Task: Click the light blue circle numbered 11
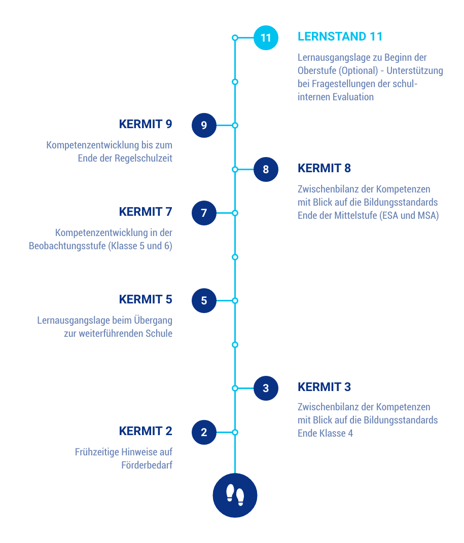click(x=266, y=38)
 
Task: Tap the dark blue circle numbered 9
click(x=204, y=125)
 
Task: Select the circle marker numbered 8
click(x=266, y=169)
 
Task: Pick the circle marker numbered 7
click(x=204, y=213)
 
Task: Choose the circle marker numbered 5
click(x=204, y=300)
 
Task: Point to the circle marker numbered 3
click(x=266, y=389)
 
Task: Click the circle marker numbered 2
click(x=204, y=433)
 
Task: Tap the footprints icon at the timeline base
click(x=235, y=495)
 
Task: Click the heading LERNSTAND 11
click(x=340, y=36)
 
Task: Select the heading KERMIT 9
click(x=146, y=124)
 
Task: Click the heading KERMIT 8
click(x=324, y=168)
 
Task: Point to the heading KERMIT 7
click(x=146, y=212)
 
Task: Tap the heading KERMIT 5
click(x=146, y=299)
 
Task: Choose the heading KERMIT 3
click(x=324, y=387)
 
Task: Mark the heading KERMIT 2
click(x=146, y=431)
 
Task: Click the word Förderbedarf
click(x=147, y=465)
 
